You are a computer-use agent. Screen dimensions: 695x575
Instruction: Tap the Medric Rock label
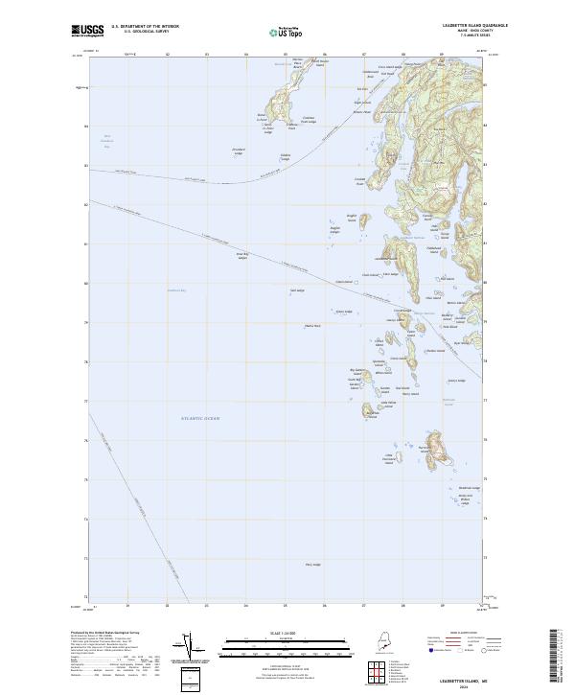click(x=311, y=326)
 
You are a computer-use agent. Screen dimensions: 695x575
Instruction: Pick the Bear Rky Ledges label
click(x=242, y=255)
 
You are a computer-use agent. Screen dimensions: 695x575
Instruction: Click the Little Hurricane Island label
click(x=389, y=459)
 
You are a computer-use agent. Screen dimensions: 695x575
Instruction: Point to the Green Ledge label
click(x=343, y=312)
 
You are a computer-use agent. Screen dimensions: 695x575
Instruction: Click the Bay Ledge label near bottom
click(x=312, y=565)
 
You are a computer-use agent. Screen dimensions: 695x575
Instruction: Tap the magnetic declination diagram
click(x=190, y=649)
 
